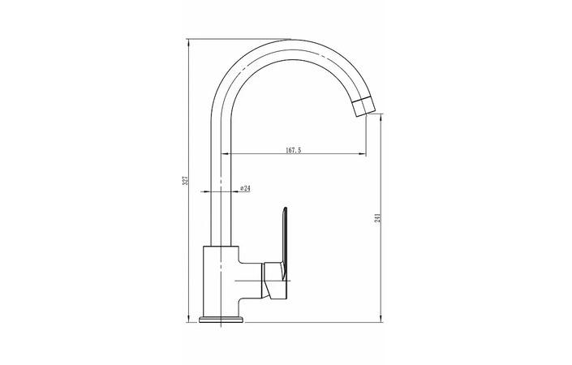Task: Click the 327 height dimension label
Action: (x=185, y=180)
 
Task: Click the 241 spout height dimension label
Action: (x=378, y=217)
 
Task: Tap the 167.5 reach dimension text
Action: (x=293, y=150)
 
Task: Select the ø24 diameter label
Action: (x=245, y=188)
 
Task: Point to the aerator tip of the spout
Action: (x=363, y=107)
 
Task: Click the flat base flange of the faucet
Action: (x=221, y=320)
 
